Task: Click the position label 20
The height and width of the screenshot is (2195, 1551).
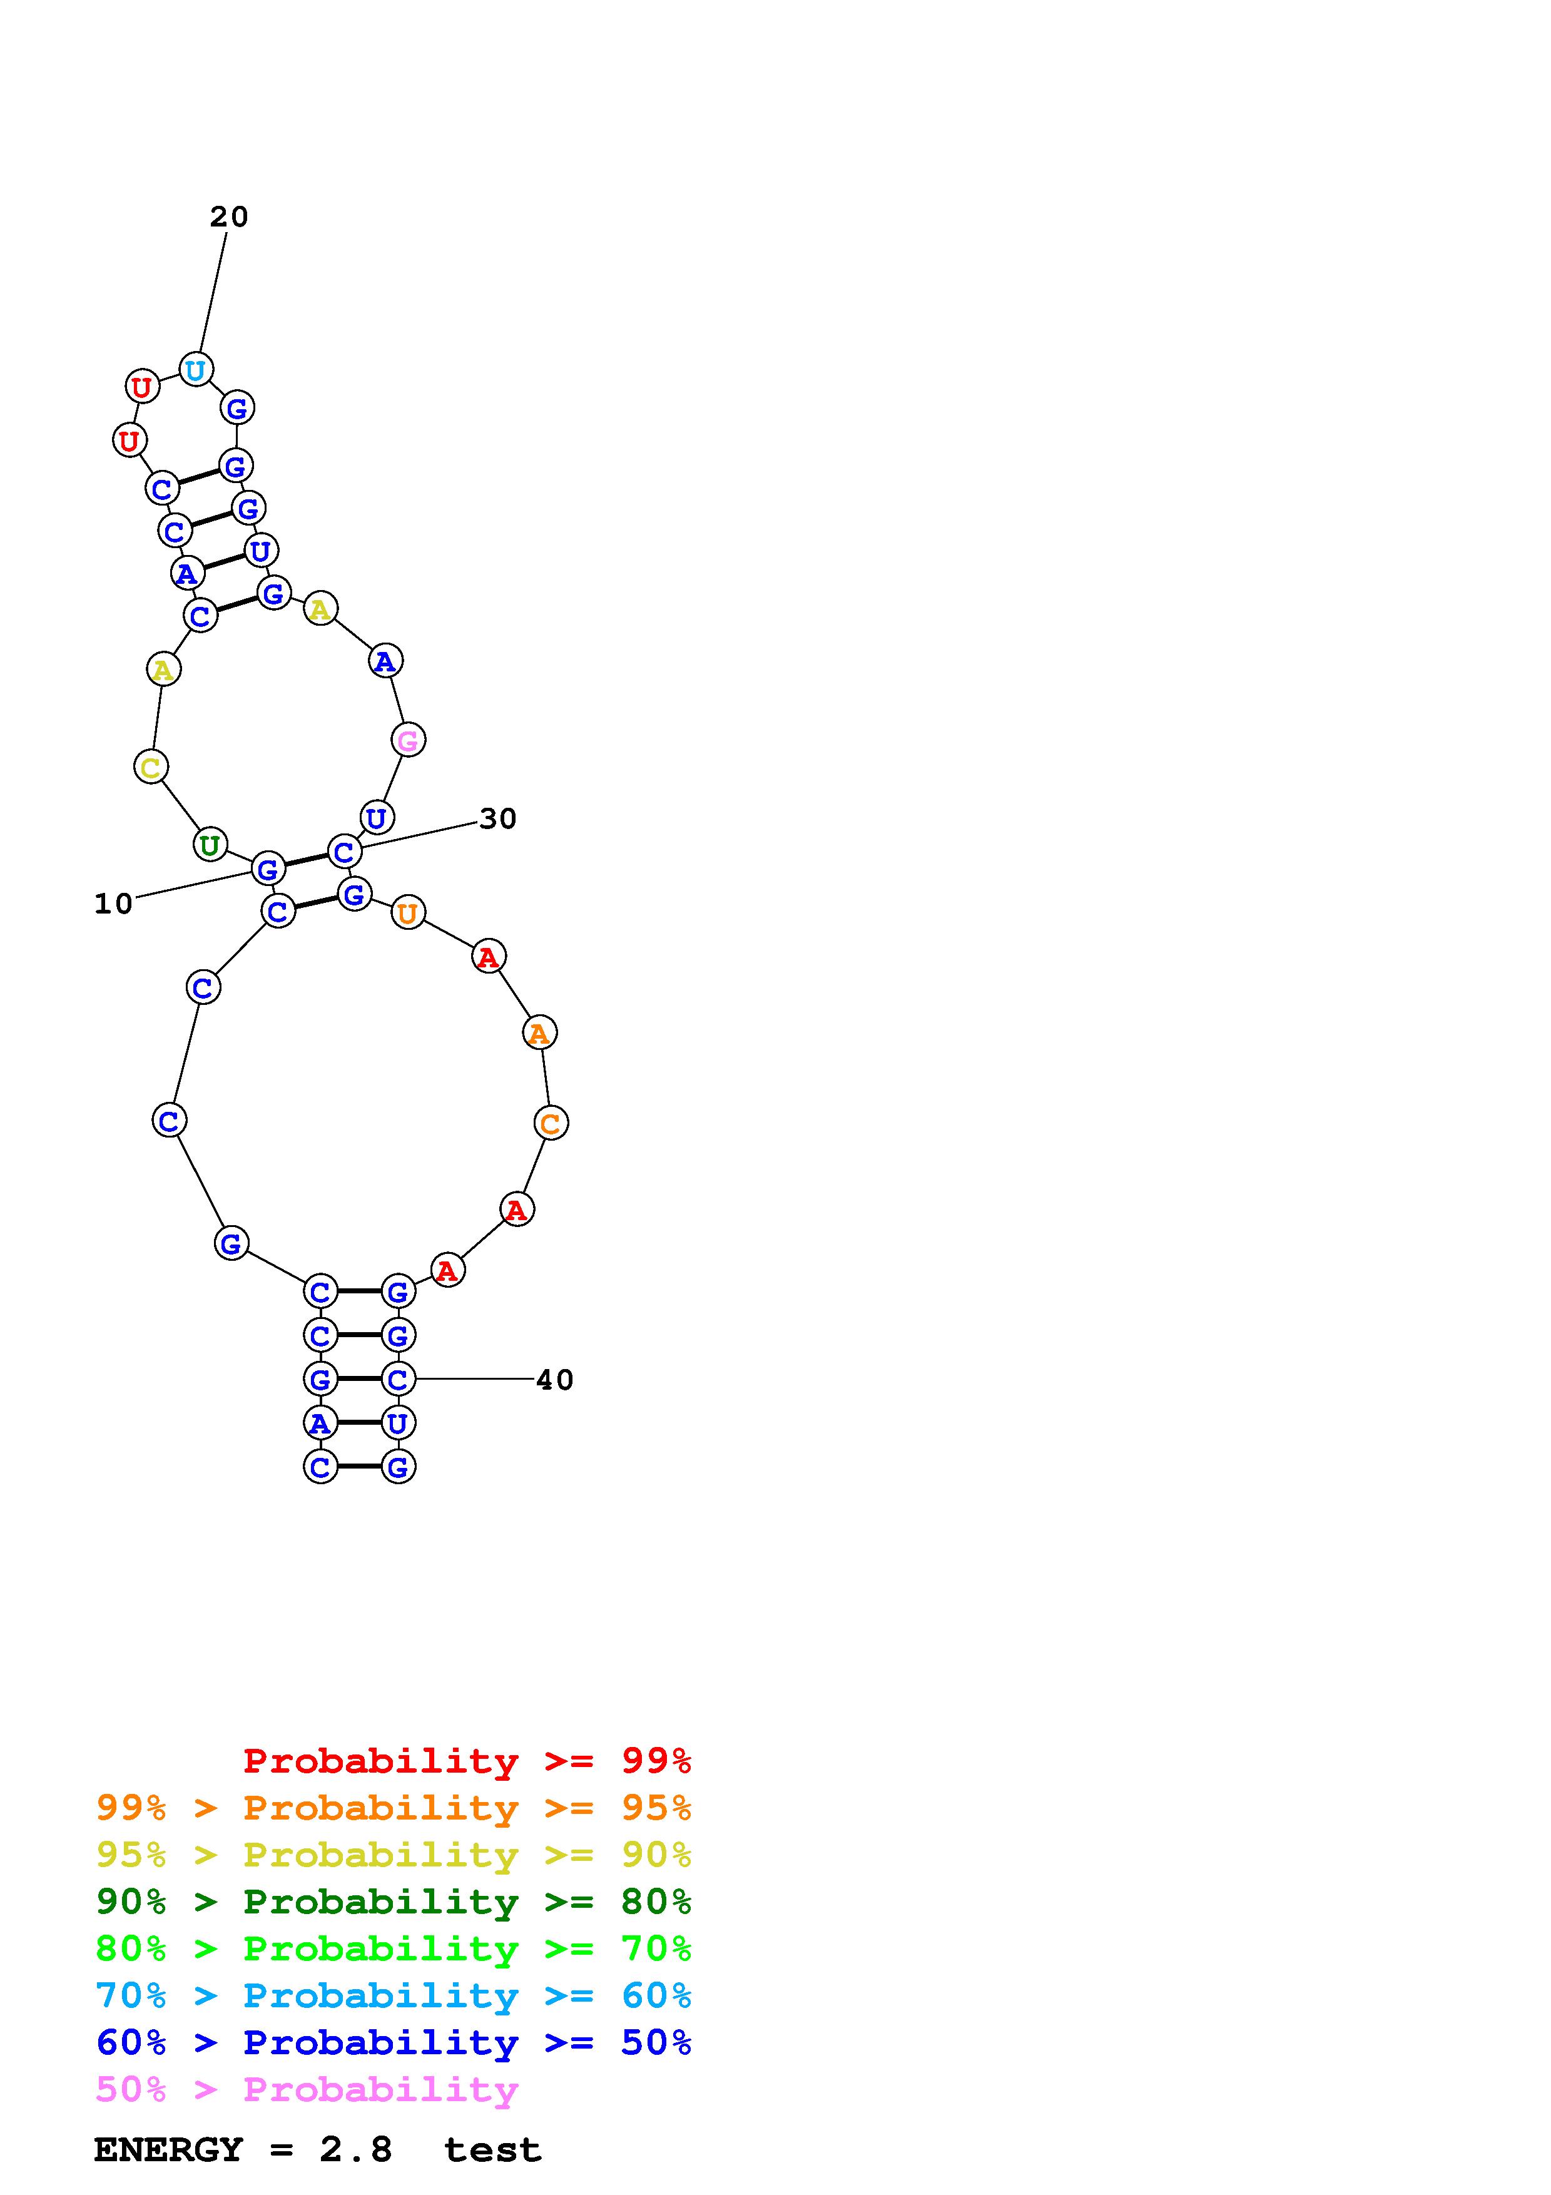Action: (230, 217)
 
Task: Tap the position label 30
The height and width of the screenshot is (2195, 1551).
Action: (498, 818)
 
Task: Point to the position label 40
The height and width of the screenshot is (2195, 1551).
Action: (554, 1380)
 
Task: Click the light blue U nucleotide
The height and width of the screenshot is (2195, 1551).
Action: (196, 369)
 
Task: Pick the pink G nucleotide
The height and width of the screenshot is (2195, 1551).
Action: (408, 740)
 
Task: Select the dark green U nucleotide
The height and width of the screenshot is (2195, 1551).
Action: (210, 845)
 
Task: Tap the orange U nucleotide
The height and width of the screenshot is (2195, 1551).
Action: (408, 913)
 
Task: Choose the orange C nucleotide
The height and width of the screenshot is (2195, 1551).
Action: (551, 1123)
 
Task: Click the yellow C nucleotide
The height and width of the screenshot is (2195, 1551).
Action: (151, 766)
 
